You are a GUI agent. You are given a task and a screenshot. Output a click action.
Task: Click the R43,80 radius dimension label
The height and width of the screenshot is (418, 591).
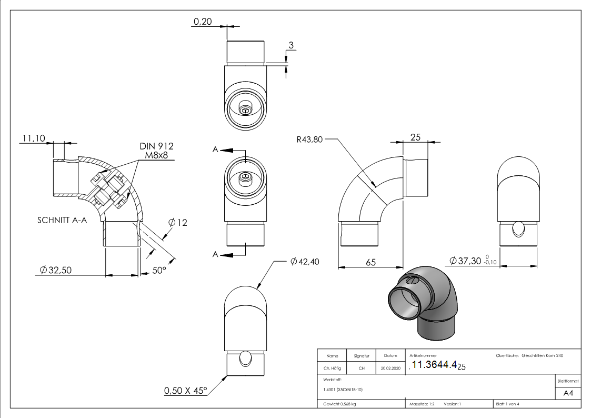(x=309, y=140)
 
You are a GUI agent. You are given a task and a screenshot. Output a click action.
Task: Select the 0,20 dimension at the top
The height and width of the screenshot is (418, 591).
(x=204, y=22)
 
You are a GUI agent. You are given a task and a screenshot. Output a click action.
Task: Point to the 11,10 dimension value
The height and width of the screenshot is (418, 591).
(x=33, y=138)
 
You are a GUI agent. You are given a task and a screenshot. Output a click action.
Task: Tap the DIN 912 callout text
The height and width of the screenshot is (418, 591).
(x=156, y=146)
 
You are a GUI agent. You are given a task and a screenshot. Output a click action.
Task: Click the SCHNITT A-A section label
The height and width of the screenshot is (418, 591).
(x=62, y=220)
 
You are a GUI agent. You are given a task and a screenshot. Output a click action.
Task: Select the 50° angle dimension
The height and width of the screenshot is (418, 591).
(x=159, y=270)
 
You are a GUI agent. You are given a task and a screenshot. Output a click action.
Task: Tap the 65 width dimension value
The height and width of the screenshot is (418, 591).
(x=370, y=262)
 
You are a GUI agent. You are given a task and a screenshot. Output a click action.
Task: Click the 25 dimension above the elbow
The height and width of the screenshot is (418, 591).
(x=415, y=137)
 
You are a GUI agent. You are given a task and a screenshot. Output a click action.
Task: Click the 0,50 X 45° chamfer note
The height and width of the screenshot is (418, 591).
(x=186, y=391)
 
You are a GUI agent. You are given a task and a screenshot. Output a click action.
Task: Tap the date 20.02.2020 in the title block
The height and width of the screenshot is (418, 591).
(x=390, y=369)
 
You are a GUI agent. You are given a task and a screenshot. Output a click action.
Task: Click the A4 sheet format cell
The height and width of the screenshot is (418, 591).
(x=568, y=393)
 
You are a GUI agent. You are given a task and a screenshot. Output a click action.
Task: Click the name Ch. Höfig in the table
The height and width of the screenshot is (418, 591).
(x=332, y=369)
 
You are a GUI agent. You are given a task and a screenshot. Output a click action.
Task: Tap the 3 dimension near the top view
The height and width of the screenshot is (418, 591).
(x=291, y=45)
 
